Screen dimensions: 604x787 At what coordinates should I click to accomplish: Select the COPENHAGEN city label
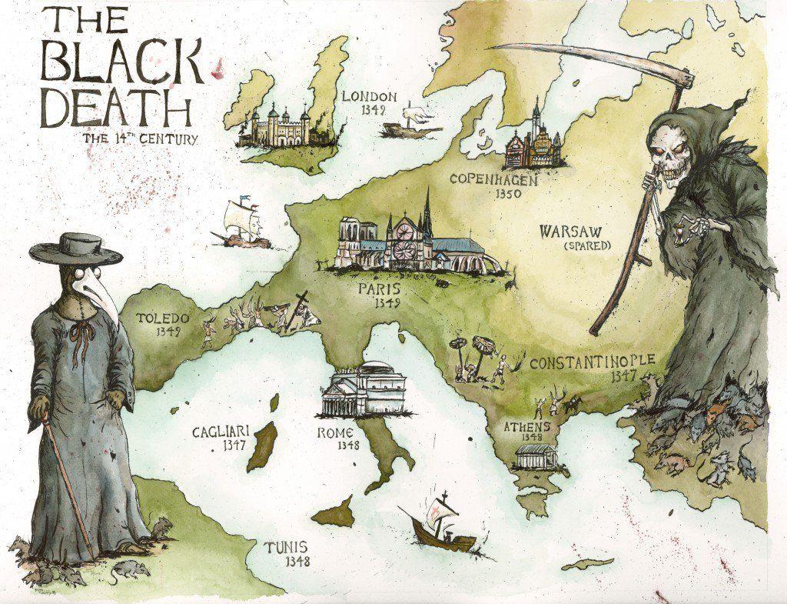495,179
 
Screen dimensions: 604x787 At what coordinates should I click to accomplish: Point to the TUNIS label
287,547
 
